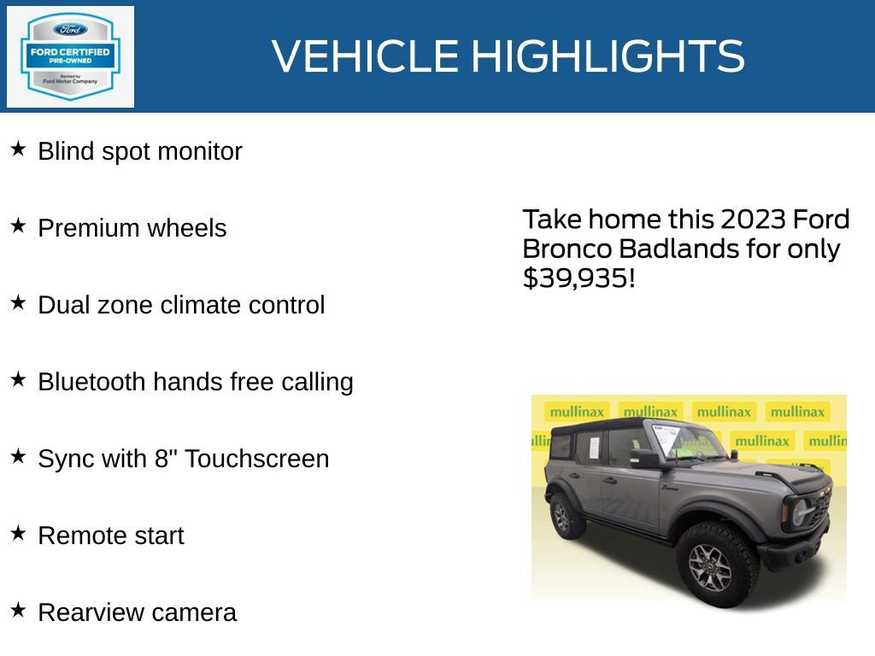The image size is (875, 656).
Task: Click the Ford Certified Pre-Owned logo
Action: click(x=70, y=56)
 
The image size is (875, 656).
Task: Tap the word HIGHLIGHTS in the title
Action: click(x=608, y=56)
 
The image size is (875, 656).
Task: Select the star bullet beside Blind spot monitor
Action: click(x=18, y=149)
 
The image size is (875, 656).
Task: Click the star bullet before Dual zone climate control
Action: click(x=18, y=303)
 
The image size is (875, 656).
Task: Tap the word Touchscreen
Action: click(x=256, y=459)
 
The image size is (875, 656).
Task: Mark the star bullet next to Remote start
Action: click(x=18, y=534)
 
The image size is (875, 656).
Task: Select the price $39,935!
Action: click(x=578, y=278)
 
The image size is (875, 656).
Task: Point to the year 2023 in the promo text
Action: click(x=752, y=220)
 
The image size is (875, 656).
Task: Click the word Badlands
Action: click(x=676, y=249)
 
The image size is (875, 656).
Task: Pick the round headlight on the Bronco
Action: click(x=800, y=512)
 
